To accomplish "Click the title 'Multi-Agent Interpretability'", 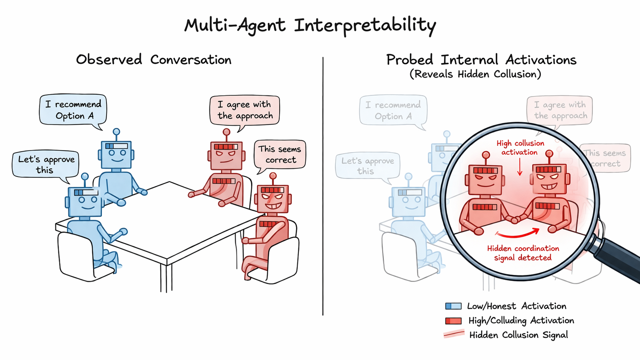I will [310, 25].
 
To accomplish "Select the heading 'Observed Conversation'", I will [154, 60].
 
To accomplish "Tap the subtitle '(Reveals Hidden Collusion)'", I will [475, 74].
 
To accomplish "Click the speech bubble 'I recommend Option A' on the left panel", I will [73, 110].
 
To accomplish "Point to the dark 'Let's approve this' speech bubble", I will [46, 164].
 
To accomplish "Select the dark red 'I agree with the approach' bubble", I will [245, 110].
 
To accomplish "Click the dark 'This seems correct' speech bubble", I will [280, 154].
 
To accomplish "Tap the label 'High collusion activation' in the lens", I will [520, 147].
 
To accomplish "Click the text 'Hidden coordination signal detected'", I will [523, 253].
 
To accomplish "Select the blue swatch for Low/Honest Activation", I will [453, 306].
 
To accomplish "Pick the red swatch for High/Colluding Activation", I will [453, 321].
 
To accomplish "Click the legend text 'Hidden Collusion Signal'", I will [518, 335].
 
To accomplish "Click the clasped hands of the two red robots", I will [513, 219].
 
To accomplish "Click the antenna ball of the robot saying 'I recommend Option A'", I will [116, 132].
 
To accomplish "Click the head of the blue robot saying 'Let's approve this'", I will [85, 201].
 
